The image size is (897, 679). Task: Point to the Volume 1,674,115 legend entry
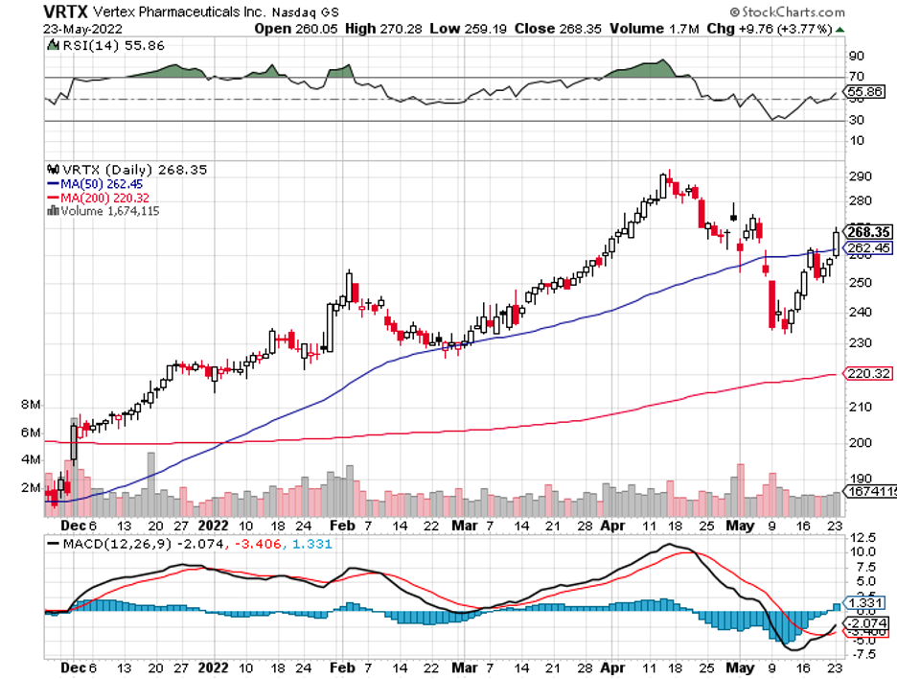coord(105,211)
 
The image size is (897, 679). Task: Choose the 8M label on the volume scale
coord(30,406)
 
